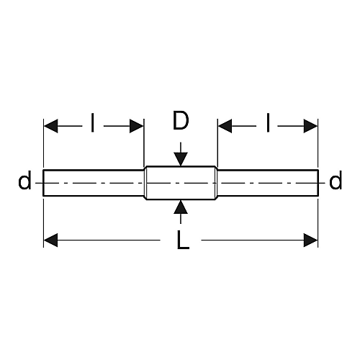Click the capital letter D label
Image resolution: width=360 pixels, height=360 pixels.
coord(181,120)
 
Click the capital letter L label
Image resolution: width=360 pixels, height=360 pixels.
coord(183,240)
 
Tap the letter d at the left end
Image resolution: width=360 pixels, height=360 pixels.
coord(24,180)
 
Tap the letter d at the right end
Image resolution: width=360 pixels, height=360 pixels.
coord(336,180)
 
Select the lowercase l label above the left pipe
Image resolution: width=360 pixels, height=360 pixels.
coord(93,123)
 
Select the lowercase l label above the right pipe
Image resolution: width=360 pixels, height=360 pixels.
coord(268,123)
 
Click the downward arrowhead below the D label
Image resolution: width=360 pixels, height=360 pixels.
coord(181,159)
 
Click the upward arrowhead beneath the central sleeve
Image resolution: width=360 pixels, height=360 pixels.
coord(181,207)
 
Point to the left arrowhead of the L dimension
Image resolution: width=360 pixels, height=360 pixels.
coord(51,240)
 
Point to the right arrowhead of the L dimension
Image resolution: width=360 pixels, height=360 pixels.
coord(310,240)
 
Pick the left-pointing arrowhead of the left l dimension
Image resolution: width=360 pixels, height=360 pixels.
coord(51,126)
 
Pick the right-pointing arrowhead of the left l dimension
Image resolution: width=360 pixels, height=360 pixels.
coord(137,126)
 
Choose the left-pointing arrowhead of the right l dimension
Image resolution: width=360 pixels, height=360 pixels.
coord(225,126)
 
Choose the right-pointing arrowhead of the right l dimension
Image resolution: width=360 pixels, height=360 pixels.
coord(310,126)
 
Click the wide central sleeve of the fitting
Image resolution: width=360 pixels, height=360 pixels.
coord(181,183)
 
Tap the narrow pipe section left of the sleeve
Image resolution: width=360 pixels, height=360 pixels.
coord(94,183)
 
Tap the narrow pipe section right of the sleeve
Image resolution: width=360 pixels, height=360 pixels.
coord(268,183)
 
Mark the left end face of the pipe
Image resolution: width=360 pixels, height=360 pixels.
coord(43,183)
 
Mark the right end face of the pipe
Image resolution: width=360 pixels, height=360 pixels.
coord(318,183)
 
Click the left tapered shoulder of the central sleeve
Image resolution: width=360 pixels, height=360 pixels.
coord(145,183)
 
